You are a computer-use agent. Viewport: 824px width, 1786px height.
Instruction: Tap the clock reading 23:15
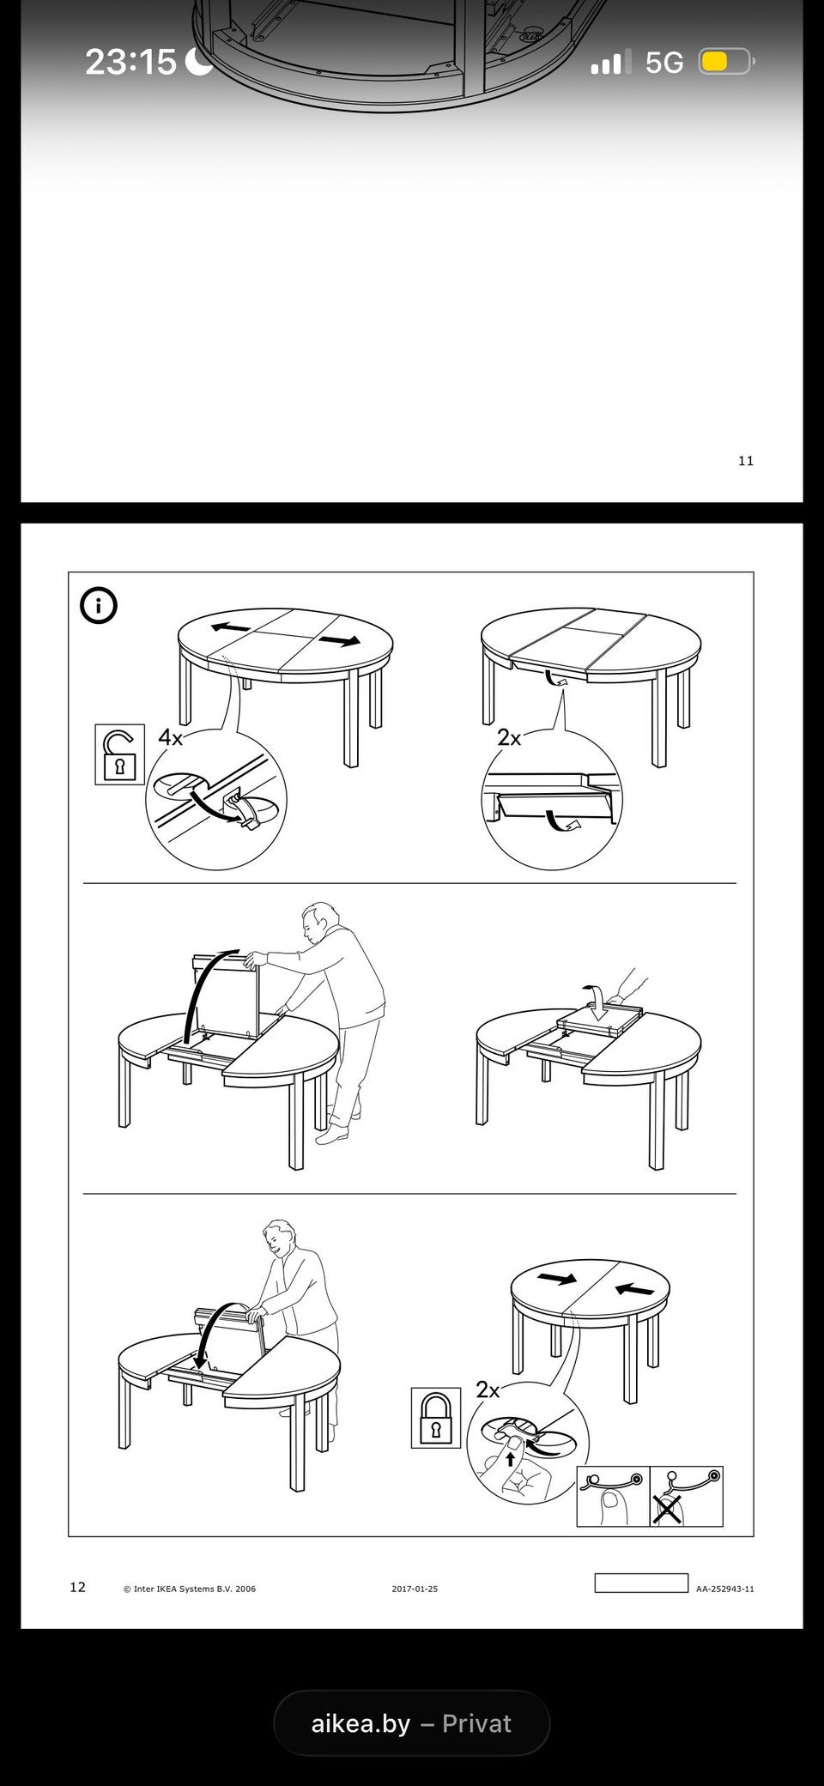[130, 62]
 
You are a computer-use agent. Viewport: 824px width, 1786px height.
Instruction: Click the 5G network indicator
[664, 63]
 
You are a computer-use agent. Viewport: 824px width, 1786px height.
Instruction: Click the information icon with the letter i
[99, 606]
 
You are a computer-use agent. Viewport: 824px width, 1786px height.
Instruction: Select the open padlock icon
[119, 754]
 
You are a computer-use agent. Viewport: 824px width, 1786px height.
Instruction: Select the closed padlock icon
[435, 1418]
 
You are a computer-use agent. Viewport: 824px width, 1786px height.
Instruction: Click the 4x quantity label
[170, 737]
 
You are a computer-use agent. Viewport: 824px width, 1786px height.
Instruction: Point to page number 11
[746, 461]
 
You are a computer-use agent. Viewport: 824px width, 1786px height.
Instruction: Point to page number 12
[77, 1587]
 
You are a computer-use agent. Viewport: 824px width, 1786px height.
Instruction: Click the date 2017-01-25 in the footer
[415, 1589]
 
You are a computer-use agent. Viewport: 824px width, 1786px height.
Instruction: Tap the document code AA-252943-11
[725, 1589]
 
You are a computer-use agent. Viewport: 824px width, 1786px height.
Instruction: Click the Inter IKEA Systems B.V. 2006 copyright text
[190, 1589]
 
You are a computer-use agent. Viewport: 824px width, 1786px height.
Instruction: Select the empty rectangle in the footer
[641, 1583]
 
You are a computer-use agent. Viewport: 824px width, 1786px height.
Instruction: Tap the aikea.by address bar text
[360, 1723]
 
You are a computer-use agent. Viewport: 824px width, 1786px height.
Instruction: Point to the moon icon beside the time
[199, 61]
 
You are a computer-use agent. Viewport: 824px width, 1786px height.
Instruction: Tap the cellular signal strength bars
[610, 62]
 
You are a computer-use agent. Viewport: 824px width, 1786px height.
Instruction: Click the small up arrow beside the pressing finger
[511, 1457]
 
